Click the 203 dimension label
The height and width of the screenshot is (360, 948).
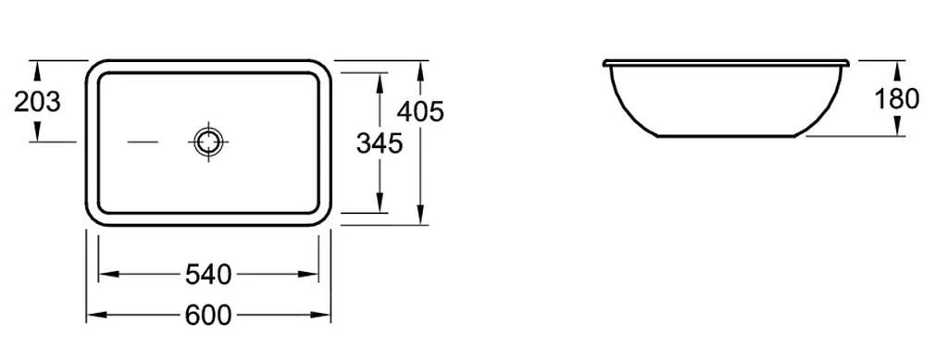click(37, 102)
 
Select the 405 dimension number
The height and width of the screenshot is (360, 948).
click(421, 111)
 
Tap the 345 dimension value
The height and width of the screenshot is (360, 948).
click(379, 143)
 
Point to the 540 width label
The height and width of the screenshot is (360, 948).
click(208, 275)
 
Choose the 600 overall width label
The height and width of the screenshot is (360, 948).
click(208, 316)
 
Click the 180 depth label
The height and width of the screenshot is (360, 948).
click(896, 98)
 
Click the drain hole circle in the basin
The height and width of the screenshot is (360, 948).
click(208, 143)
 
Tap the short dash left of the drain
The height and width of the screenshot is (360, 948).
click(143, 143)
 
